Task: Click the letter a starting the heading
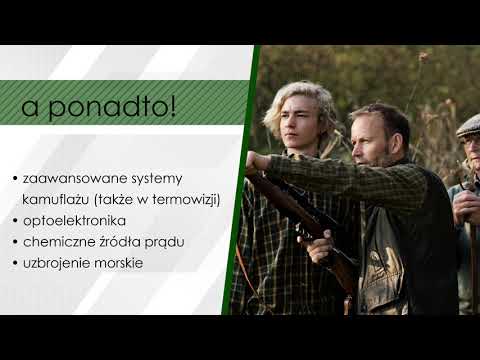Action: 33,107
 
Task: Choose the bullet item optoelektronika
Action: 74,221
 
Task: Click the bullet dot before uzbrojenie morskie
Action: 15,264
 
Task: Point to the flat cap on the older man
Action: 468,126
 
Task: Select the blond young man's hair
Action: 305,100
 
